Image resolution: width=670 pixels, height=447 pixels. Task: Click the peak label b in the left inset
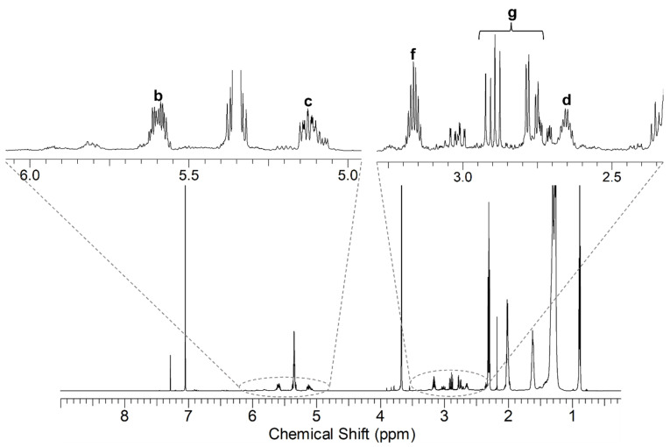tap(158, 95)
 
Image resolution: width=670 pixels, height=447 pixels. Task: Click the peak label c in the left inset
tap(308, 101)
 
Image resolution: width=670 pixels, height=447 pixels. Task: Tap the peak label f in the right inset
tap(413, 54)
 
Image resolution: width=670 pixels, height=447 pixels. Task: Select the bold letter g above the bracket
tap(512, 12)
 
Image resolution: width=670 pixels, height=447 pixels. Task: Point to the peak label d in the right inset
tap(567, 99)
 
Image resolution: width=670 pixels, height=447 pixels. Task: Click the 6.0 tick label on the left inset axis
tap(30, 174)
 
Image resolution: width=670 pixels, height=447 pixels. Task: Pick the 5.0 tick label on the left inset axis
tap(348, 174)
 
